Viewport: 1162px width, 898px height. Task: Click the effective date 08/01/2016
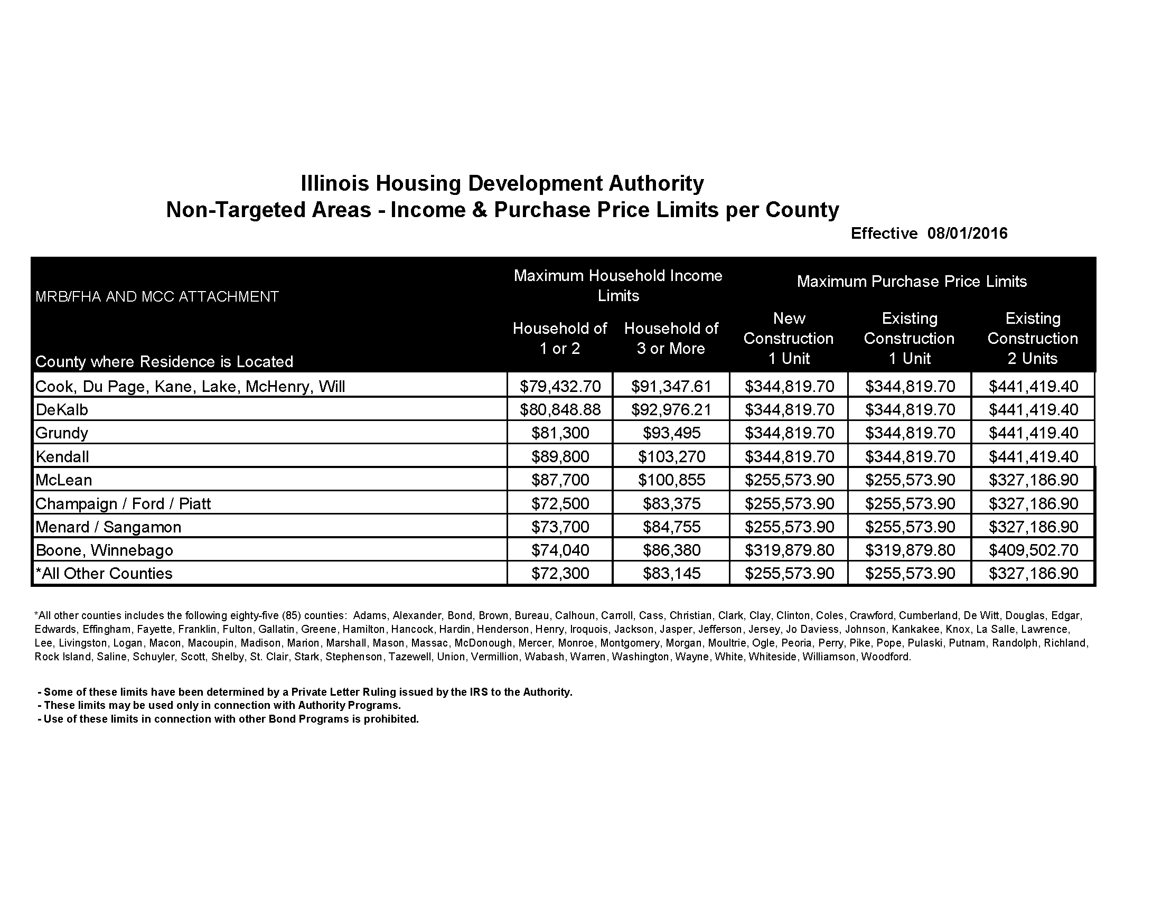click(967, 233)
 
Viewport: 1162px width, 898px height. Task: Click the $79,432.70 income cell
click(560, 386)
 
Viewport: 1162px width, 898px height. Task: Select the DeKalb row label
click(62, 409)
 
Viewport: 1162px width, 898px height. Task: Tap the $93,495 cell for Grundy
click(671, 433)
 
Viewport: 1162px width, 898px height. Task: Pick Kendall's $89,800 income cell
click(560, 456)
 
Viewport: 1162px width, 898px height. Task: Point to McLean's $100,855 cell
click(671, 480)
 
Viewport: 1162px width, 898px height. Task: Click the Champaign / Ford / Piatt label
click(123, 503)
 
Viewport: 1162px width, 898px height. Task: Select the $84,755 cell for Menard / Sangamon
click(671, 527)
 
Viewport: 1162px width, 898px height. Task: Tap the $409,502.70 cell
click(1033, 549)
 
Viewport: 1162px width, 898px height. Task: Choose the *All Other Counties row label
click(104, 574)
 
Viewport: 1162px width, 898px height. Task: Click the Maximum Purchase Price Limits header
click(912, 282)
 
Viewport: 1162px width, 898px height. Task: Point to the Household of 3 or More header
click(671, 339)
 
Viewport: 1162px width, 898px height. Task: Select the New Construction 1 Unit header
click(789, 339)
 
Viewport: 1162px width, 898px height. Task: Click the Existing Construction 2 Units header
click(1033, 339)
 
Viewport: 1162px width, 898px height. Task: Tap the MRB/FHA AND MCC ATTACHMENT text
click(157, 297)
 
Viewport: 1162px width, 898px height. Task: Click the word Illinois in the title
click(335, 183)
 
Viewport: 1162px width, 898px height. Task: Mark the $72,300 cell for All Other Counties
click(560, 574)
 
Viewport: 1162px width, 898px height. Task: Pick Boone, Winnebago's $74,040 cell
click(560, 549)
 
